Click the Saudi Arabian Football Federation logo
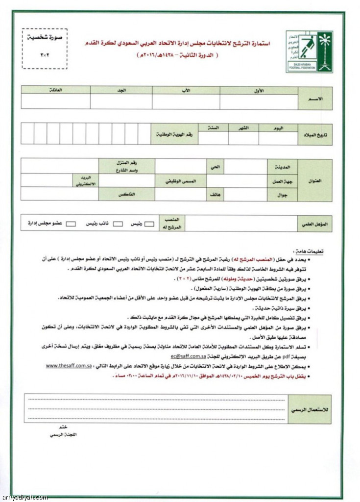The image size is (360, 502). pos(310,51)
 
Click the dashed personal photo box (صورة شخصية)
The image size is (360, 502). pos(45,48)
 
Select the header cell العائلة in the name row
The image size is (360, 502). pos(55,91)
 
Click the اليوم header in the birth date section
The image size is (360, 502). pos(278,127)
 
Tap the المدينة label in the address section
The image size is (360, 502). pos(275,166)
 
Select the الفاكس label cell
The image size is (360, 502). pos(127,194)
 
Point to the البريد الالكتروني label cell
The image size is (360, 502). pos(86,180)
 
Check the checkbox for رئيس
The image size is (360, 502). pos(149,224)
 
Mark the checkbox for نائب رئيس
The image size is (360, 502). pos(118,224)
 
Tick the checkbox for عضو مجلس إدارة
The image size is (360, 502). pos(71,224)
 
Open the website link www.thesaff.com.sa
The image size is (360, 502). pos(69,366)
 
